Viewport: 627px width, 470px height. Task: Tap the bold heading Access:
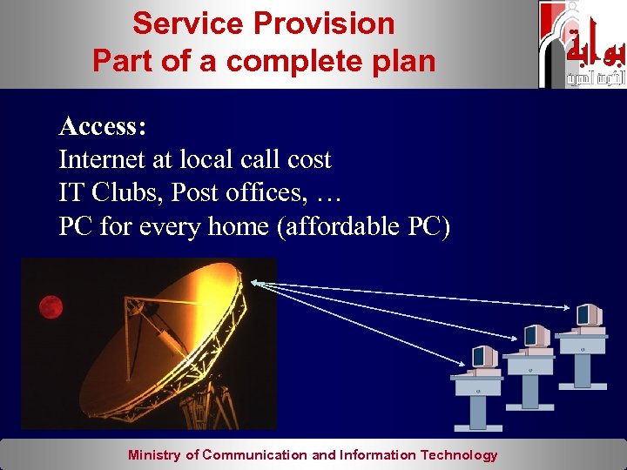point(103,127)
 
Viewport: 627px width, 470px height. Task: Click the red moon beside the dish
point(51,306)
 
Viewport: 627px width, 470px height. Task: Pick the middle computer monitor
point(535,335)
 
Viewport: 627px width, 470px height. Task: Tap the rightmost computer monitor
point(589,314)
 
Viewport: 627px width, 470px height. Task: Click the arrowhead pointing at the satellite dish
point(253,281)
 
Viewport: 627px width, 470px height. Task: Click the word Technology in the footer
point(459,454)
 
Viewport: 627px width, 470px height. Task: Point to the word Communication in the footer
point(255,454)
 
